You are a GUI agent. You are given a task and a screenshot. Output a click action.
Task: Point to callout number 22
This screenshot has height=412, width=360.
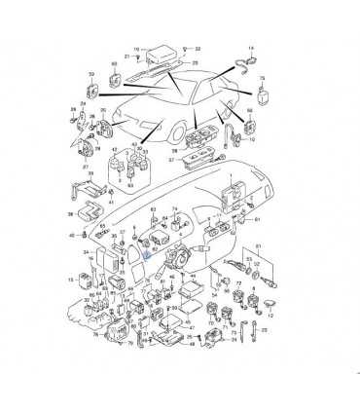coord(198,48)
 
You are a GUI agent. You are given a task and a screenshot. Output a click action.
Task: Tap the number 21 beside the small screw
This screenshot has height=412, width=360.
coord(126,57)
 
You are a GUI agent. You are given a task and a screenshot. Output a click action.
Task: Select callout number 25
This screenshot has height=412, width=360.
coord(195,64)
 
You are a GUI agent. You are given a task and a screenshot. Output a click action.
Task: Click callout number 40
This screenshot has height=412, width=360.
coord(71,236)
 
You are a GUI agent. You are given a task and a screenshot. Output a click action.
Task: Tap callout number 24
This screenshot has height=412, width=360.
coord(88,253)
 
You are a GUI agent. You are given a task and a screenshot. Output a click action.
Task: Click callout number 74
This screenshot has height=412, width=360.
coord(176,210)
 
